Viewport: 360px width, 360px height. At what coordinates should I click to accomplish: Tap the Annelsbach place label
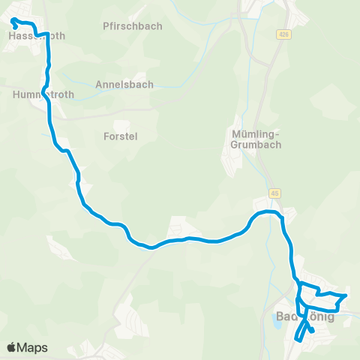pyautogui.click(x=124, y=85)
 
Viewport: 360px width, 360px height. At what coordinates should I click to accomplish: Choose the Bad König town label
pyautogui.click(x=305, y=316)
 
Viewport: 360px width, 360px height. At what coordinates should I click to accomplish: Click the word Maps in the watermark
pyautogui.click(x=32, y=348)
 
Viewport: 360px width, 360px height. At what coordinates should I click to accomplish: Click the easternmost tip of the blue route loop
pyautogui.click(x=345, y=296)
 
